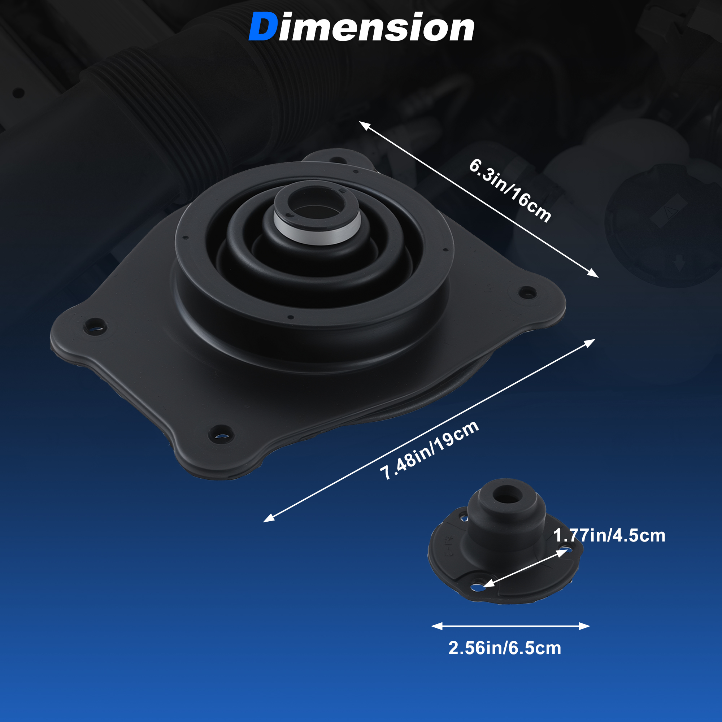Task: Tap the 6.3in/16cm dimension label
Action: [510, 191]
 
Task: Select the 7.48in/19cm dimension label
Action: [429, 450]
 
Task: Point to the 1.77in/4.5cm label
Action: [609, 535]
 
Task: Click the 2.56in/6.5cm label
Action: [505, 648]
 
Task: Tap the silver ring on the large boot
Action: [317, 228]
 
